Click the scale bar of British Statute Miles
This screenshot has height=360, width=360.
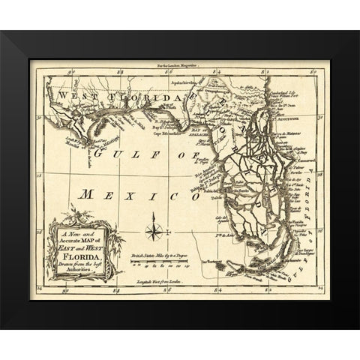coord(157,262)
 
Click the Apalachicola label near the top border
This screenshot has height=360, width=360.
coord(184,77)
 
